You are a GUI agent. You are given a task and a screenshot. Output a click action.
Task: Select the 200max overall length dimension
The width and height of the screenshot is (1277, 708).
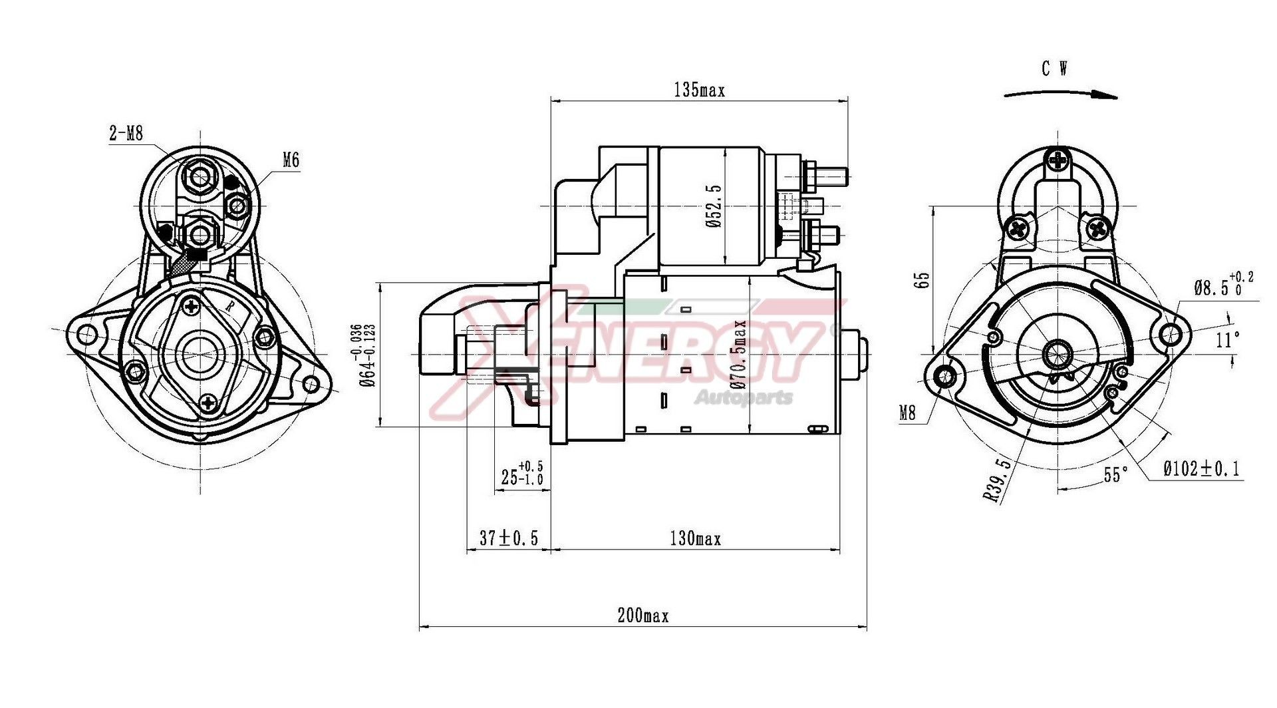click(x=642, y=616)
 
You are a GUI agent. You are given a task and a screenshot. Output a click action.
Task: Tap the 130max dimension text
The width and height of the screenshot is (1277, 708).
click(x=695, y=538)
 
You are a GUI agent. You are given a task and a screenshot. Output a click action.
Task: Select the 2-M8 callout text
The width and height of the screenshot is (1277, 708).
click(x=126, y=134)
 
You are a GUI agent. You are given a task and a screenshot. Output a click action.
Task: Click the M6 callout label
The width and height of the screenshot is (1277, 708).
click(x=291, y=160)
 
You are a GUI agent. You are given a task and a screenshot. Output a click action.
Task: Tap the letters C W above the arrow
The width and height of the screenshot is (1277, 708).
click(x=1055, y=69)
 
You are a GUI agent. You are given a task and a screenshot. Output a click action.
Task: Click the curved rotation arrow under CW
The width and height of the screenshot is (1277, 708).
click(x=1060, y=94)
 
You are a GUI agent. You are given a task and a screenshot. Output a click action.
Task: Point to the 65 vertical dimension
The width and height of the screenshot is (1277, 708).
click(x=922, y=280)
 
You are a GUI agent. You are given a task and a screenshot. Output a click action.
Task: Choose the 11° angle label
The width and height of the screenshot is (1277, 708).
click(x=1228, y=340)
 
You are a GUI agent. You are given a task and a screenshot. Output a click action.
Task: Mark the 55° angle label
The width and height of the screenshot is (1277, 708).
click(x=1116, y=475)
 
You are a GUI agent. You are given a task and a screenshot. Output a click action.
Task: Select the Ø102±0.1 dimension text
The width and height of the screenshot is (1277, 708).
click(x=1201, y=469)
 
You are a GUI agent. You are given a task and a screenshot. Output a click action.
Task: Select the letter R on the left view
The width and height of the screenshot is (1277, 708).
click(x=229, y=307)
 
